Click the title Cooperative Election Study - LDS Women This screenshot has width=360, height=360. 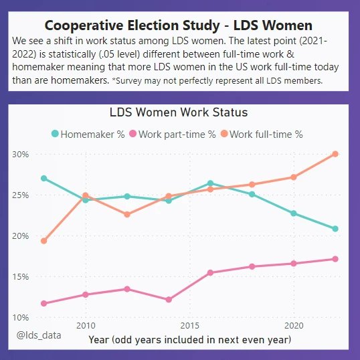coord(178,25)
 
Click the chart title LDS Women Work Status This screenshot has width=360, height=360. coord(178,112)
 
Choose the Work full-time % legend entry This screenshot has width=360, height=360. coord(261,134)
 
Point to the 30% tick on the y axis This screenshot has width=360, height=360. coord(21,154)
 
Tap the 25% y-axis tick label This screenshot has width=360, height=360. coord(21,195)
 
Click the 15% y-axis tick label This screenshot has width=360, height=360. coord(21,276)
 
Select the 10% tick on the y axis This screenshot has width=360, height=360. coord(21,317)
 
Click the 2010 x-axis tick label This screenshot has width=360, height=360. coord(85,325)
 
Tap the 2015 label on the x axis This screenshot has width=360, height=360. coord(189,325)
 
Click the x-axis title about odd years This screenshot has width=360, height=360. coord(189,339)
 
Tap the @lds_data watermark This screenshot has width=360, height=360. coord(39,334)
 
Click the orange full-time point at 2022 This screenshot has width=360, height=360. coord(335,154)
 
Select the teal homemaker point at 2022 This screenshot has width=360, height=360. coord(335,229)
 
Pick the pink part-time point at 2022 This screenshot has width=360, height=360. coord(335,259)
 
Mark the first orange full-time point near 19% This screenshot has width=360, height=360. coord(44,241)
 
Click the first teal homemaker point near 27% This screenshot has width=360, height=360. coord(44,179)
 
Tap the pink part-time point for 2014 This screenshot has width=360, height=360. coord(169,300)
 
